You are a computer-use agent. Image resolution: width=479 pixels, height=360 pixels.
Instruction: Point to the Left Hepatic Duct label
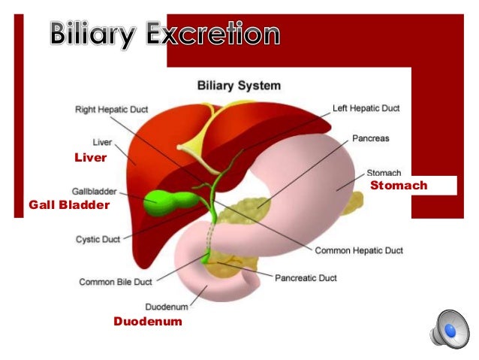[366, 108]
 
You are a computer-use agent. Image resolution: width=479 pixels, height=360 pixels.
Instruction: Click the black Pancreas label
[371, 139]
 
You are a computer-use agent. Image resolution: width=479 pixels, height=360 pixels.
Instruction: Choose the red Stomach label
[399, 185]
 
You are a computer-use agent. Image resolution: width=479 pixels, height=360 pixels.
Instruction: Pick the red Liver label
[91, 158]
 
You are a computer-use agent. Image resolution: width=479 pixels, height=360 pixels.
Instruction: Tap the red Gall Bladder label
[69, 204]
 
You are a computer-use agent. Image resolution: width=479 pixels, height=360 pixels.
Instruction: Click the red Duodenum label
[147, 322]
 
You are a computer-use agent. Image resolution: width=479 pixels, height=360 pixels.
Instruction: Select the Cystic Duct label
[98, 240]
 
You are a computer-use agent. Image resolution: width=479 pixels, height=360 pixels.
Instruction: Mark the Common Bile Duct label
[116, 282]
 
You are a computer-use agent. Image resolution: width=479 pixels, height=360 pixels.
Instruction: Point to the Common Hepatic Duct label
[358, 250]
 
